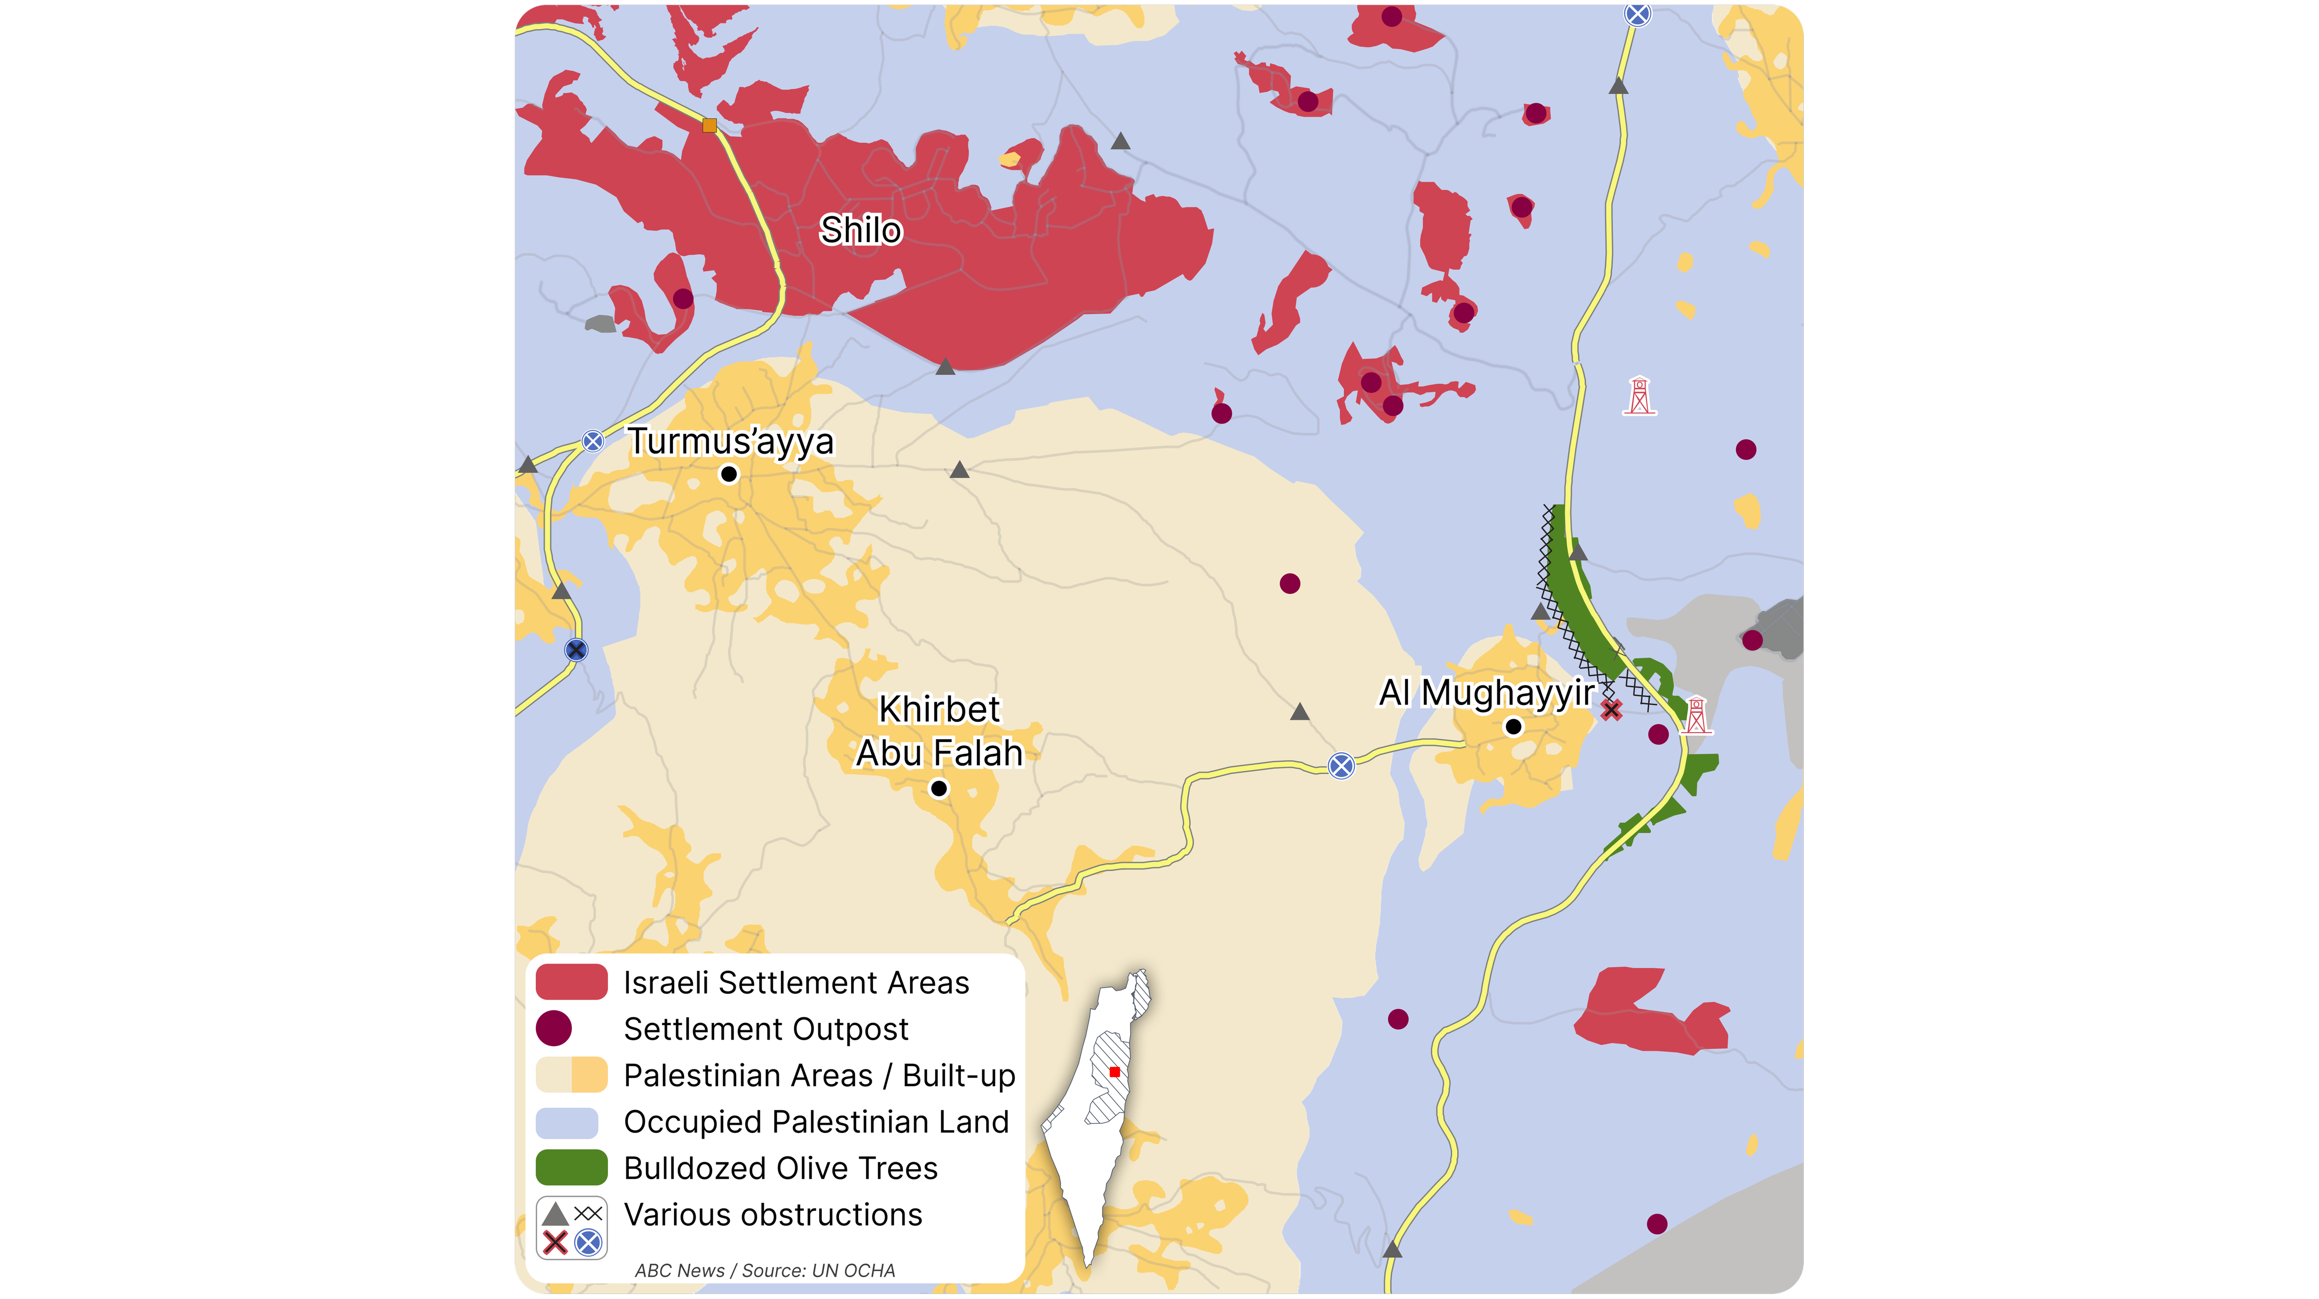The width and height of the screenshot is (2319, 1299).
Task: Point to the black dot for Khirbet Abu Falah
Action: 939,789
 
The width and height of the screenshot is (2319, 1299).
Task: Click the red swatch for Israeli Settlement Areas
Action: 571,982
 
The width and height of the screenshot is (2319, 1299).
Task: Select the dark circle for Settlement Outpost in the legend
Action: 554,1028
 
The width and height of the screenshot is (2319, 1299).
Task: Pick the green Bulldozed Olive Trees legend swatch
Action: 571,1168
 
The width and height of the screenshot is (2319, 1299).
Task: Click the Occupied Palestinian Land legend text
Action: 816,1122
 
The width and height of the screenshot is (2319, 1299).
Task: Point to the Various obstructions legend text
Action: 772,1215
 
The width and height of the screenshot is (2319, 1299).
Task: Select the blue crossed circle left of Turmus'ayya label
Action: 592,441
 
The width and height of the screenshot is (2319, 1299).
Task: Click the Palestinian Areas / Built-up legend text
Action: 819,1075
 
